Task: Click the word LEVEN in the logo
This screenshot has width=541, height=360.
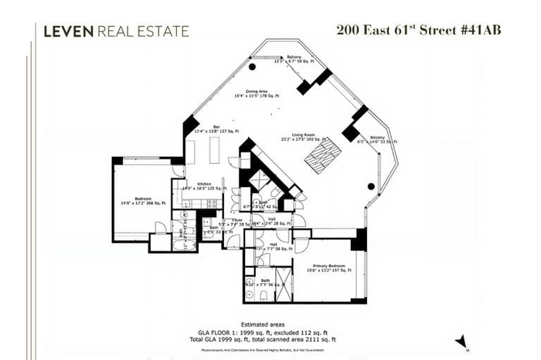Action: pyautogui.click(x=69, y=31)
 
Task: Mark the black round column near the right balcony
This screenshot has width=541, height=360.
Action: pyautogui.click(x=373, y=186)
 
